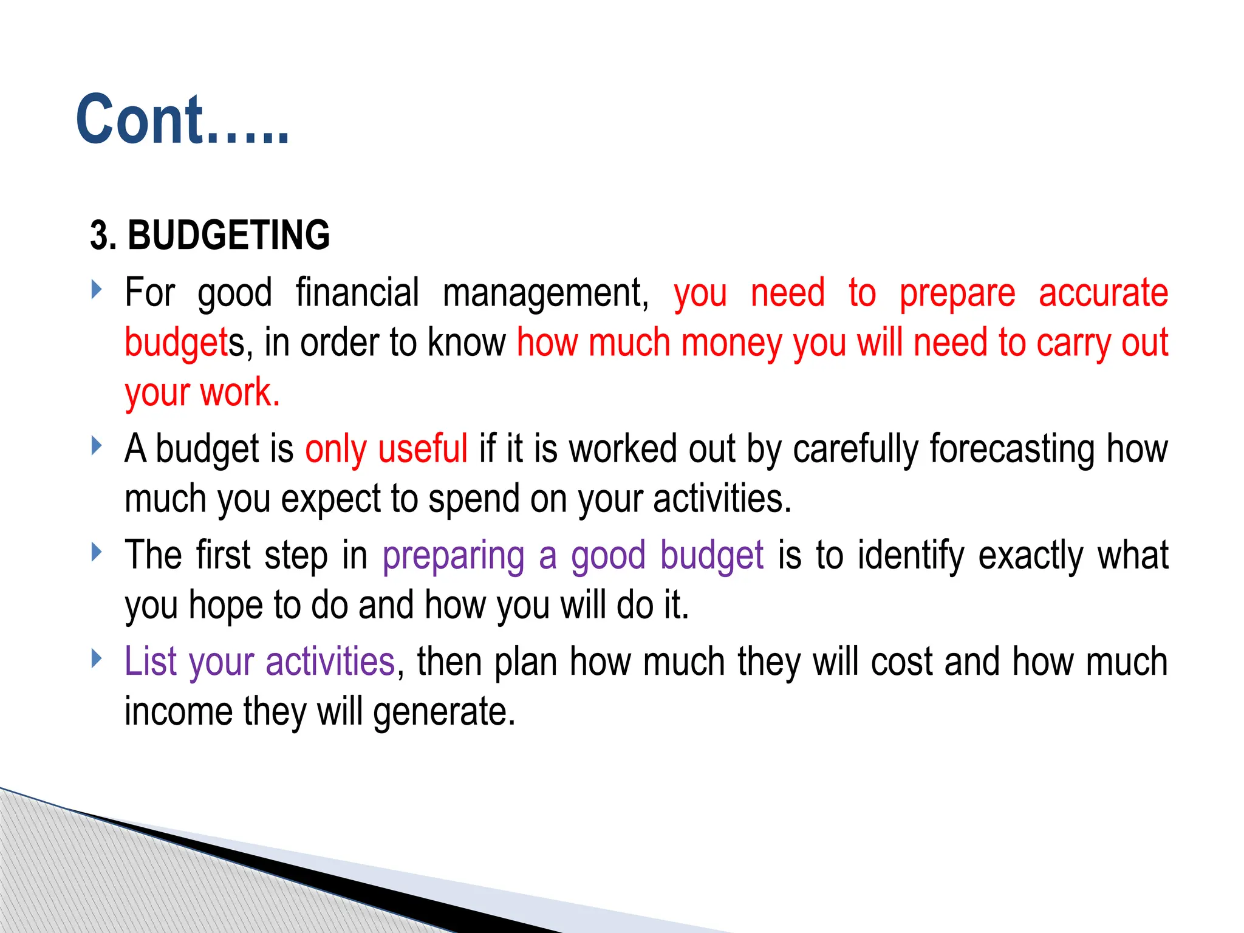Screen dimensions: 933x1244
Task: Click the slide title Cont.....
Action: point(182,120)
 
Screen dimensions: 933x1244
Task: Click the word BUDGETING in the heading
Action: point(228,236)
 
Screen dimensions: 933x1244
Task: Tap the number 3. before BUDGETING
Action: point(103,236)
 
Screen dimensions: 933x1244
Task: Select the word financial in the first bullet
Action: point(357,293)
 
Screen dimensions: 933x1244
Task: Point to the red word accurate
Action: point(1103,293)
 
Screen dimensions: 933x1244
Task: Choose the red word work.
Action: point(239,392)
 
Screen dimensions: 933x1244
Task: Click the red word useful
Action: point(422,449)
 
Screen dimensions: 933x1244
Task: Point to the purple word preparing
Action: point(453,556)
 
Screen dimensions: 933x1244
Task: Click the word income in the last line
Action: point(179,711)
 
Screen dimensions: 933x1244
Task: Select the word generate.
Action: point(443,713)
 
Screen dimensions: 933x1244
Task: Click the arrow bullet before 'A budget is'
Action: point(96,446)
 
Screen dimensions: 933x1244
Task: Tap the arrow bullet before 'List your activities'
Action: point(96,658)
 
